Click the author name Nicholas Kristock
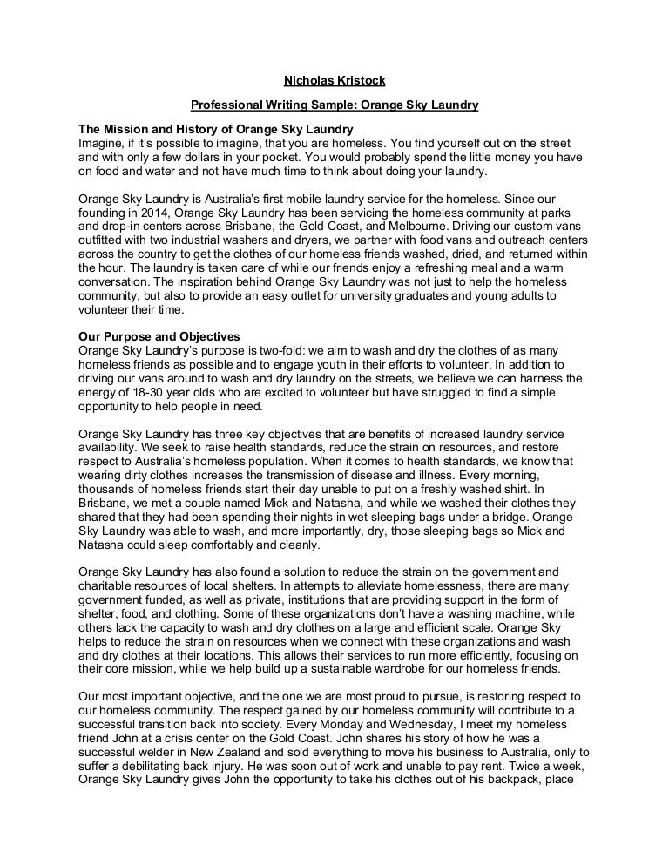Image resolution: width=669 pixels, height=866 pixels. pos(334,82)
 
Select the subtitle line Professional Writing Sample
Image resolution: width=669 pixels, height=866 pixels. pos(334,105)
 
